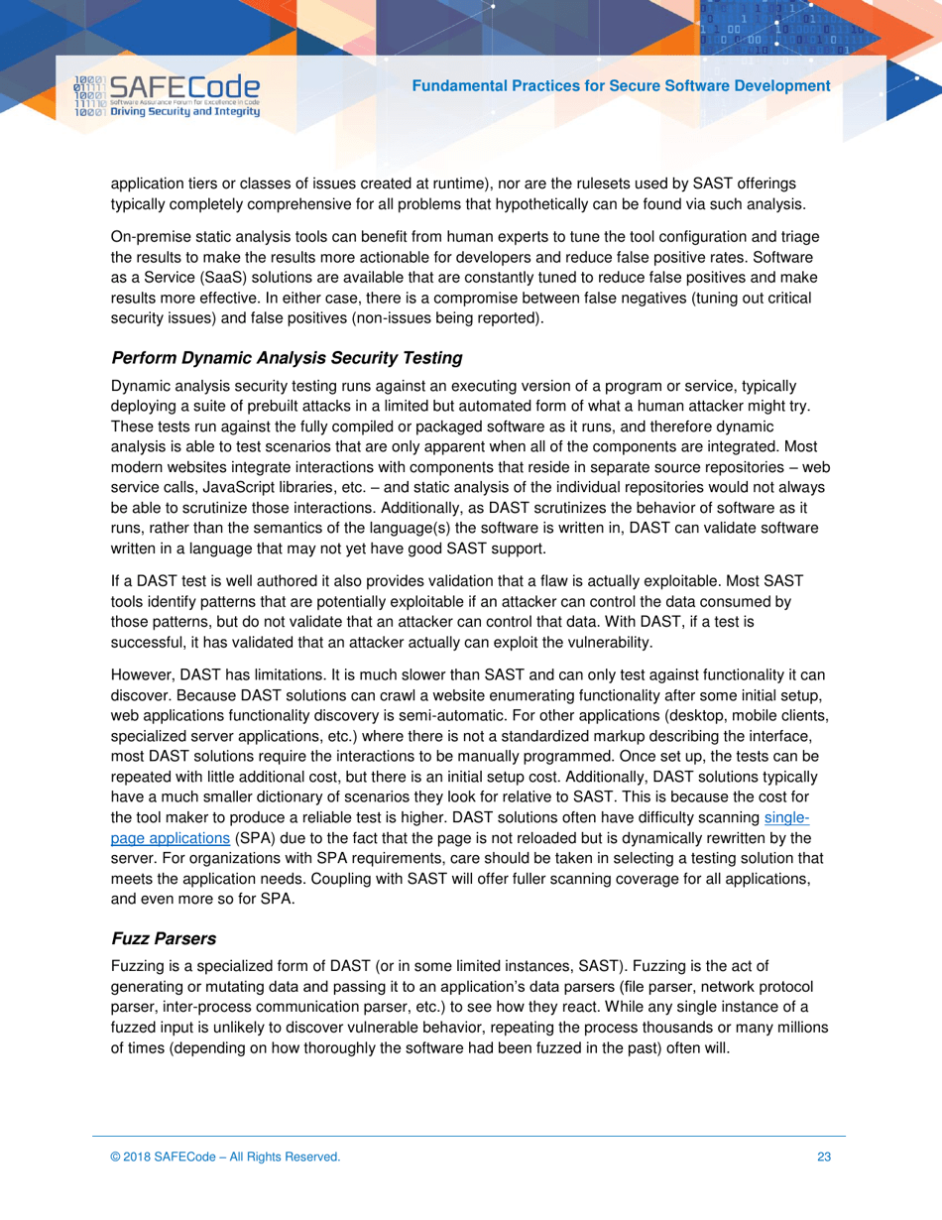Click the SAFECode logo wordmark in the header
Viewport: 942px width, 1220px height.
coord(185,87)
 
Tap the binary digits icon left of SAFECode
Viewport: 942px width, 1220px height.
coord(90,97)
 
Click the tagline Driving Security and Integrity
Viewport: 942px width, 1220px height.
coord(185,112)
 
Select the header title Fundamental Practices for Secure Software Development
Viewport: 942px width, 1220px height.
coord(621,86)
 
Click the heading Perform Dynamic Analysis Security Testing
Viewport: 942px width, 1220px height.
coord(288,357)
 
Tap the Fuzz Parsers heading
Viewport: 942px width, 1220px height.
coord(164,937)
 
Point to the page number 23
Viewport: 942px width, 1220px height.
coord(824,1157)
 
